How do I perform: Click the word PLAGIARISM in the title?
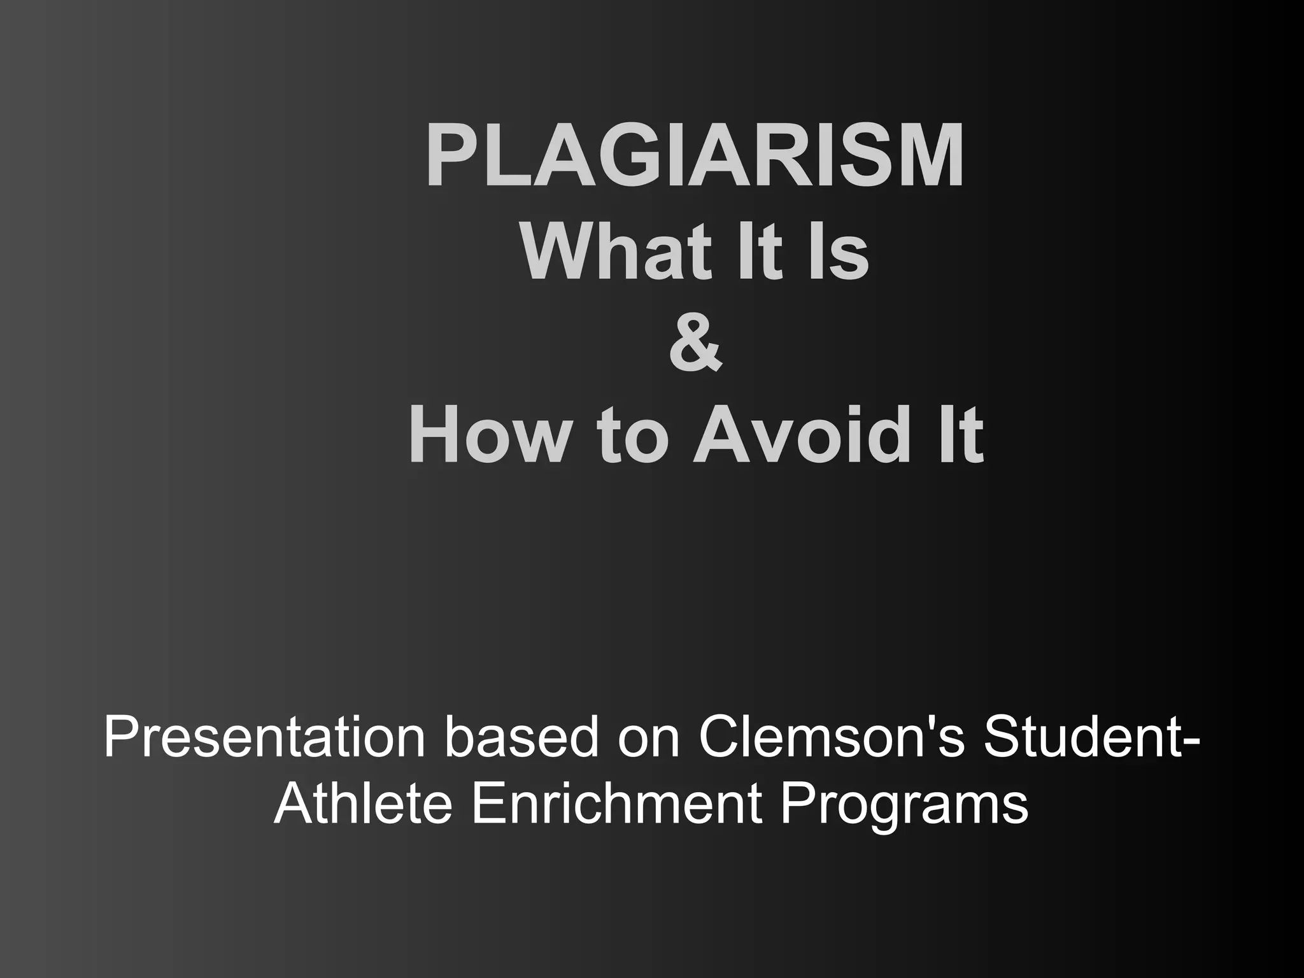[695, 157]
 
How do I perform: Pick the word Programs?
[904, 805]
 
